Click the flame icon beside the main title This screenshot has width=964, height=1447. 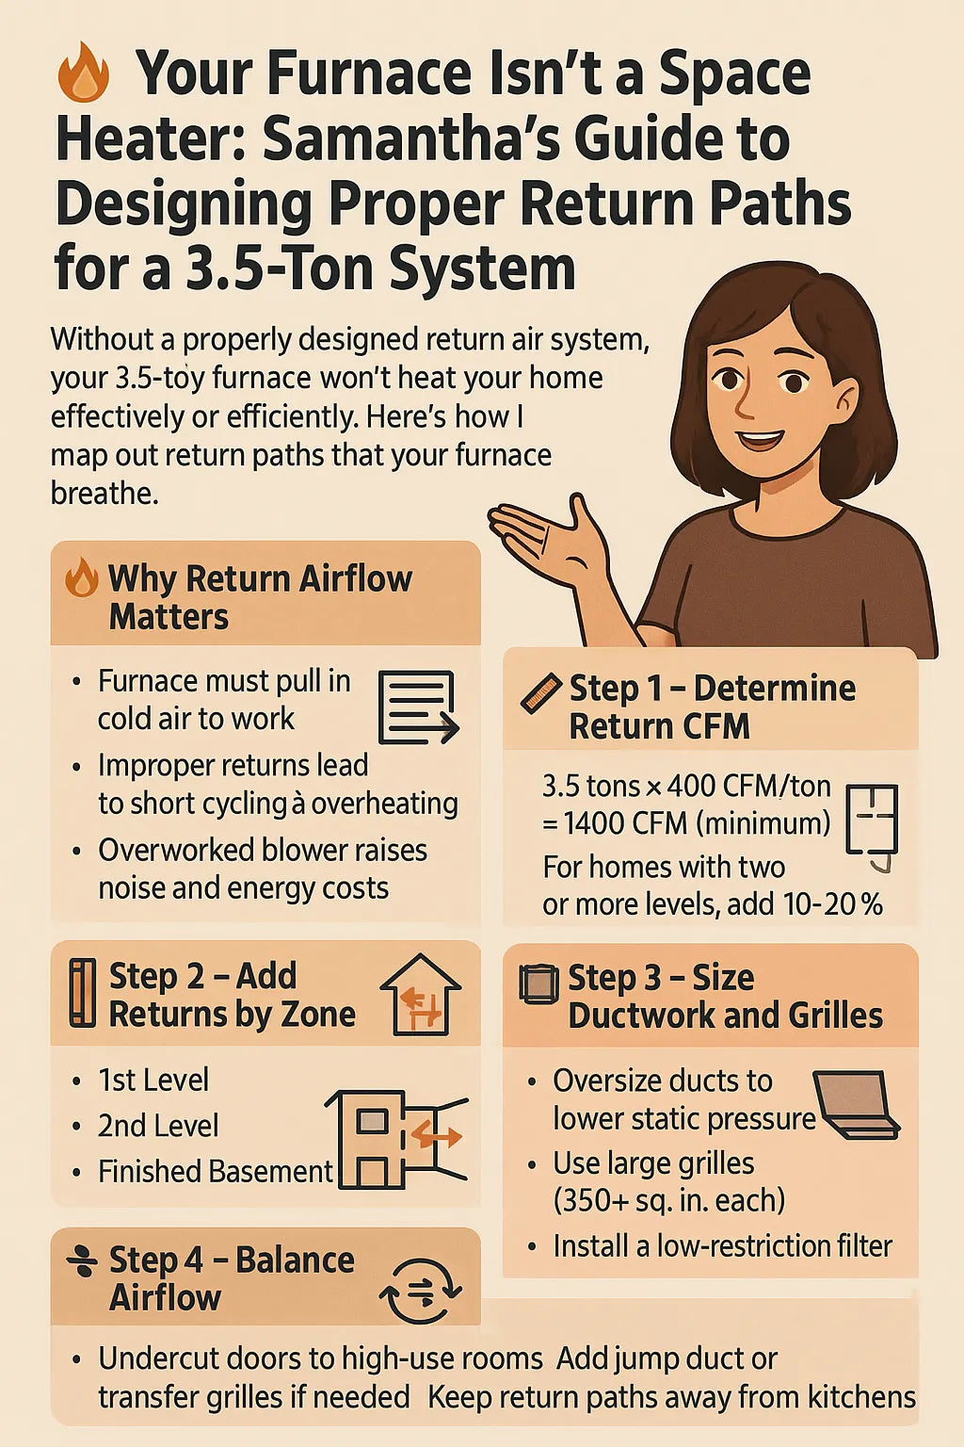[x=84, y=73]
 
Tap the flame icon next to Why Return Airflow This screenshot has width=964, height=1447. [x=82, y=577]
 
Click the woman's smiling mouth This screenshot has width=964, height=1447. [x=761, y=439]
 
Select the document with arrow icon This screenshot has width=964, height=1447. [x=417, y=707]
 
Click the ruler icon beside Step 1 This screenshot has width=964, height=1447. [x=541, y=692]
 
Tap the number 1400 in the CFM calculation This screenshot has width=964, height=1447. [x=595, y=823]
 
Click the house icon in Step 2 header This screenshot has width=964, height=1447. [x=421, y=996]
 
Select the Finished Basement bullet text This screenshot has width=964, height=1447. [x=216, y=1171]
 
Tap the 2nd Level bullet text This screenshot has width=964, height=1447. [x=158, y=1126]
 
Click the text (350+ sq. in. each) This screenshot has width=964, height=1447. [x=668, y=1200]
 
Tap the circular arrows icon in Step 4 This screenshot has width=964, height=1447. [x=421, y=1292]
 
